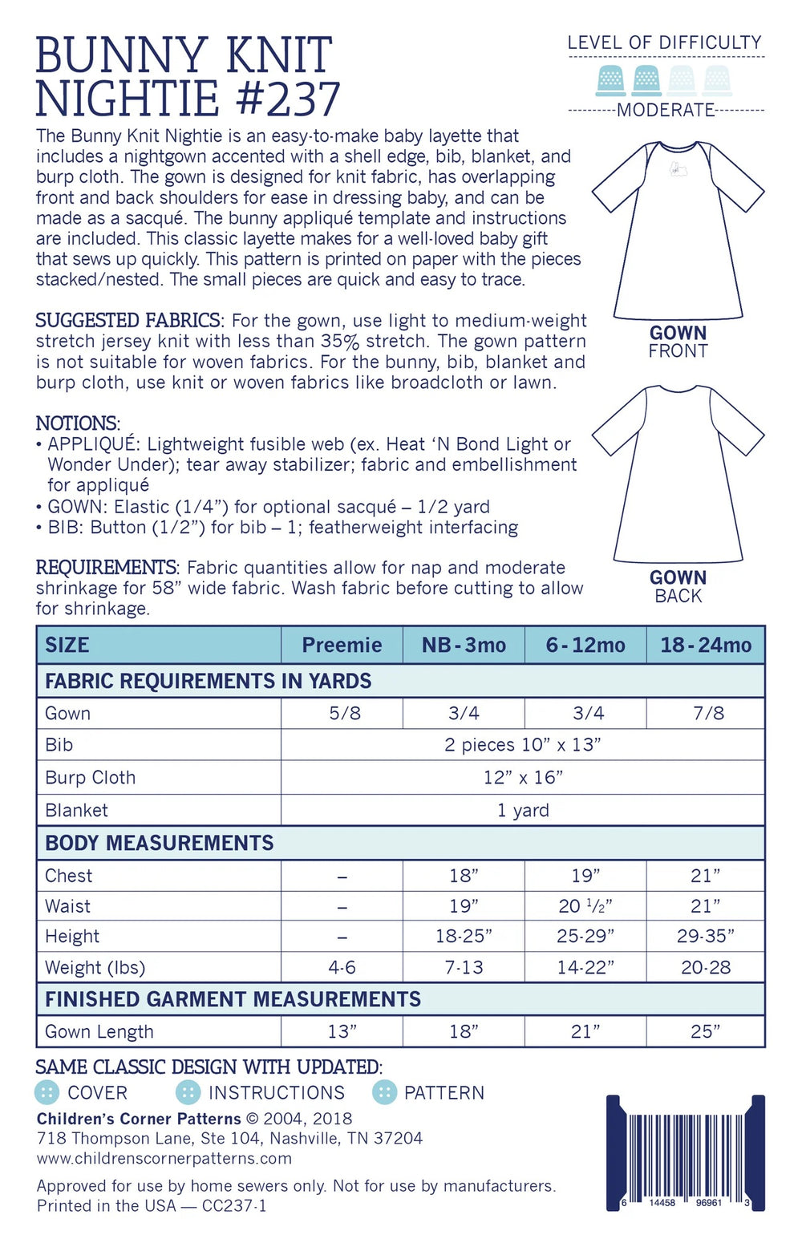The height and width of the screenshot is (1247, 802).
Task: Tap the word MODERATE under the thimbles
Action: (666, 110)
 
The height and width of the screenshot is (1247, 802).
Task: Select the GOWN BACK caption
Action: (678, 587)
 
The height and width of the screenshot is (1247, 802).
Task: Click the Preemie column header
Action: (342, 645)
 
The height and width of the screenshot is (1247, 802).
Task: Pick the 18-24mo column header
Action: (706, 645)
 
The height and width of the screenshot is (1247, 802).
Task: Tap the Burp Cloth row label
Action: (91, 777)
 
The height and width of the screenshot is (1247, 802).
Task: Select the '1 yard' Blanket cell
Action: (523, 810)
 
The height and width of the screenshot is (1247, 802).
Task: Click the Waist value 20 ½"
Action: (585, 906)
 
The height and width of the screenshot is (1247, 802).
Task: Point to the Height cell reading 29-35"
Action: (706, 936)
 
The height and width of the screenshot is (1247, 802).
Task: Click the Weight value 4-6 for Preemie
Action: (342, 967)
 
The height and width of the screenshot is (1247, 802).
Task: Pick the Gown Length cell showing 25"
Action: (706, 1031)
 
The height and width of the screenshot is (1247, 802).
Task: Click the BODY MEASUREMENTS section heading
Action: (160, 843)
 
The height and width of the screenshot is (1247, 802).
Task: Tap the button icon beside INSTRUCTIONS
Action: (188, 1092)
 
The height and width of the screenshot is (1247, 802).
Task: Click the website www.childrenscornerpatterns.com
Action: (164, 1158)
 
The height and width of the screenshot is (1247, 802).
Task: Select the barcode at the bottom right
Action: (686, 1152)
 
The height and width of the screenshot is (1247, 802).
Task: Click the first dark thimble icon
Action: (612, 81)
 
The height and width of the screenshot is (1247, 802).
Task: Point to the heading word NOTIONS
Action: (77, 423)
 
